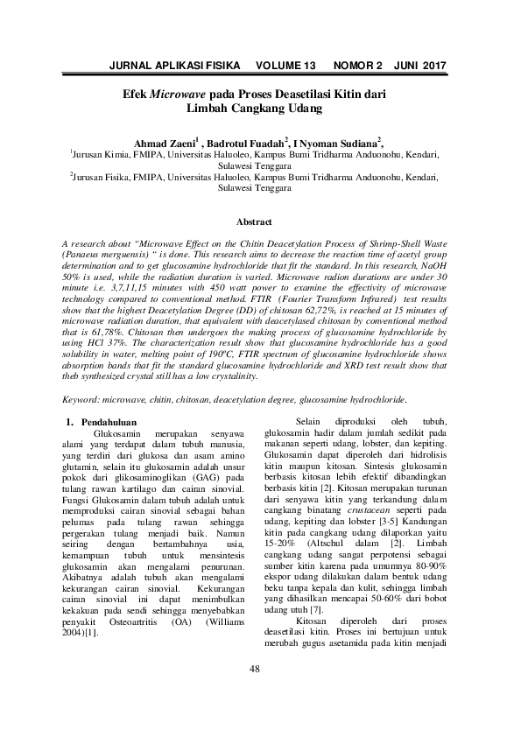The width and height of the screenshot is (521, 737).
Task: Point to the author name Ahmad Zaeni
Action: [x=164, y=142]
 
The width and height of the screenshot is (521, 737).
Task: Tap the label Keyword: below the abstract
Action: [x=83, y=399]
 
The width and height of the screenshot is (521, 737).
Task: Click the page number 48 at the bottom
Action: [x=255, y=670]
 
